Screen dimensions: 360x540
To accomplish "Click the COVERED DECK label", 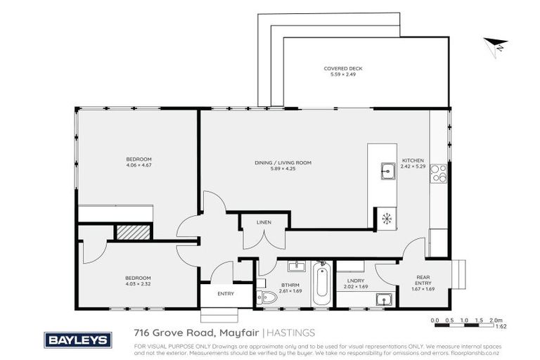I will (343, 68).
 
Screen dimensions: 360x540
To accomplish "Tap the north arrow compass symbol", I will (496, 45).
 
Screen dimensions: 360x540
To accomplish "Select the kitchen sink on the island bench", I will (387, 170).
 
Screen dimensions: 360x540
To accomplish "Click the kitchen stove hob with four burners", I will (439, 173).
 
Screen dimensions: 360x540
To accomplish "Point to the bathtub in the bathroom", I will (321, 283).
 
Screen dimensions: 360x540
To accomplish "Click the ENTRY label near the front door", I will (226, 293).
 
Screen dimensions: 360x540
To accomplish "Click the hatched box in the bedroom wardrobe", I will (133, 231).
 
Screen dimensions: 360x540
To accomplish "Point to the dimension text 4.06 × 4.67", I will (139, 165).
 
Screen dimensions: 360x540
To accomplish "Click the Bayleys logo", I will (78, 340).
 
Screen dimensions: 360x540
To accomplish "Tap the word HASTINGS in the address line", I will (291, 333).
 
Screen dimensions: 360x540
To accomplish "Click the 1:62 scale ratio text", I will (501, 327).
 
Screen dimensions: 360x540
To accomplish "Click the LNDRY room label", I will (352, 281).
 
